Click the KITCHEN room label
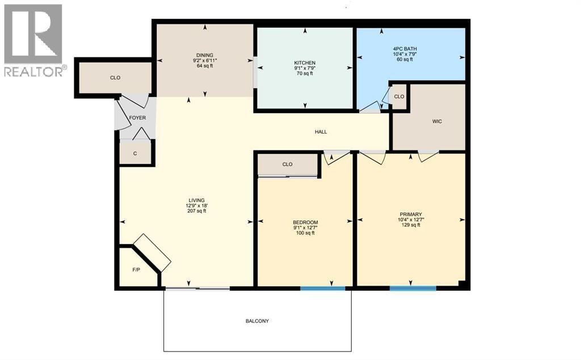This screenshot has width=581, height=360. [x=305, y=62]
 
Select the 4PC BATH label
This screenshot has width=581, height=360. [x=405, y=49]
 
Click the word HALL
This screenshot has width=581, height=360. [x=321, y=132]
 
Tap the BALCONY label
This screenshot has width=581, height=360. [x=257, y=321]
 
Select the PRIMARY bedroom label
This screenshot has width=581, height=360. [x=410, y=214]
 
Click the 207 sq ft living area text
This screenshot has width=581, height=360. [x=197, y=211]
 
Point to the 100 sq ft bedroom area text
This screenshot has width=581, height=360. [x=305, y=233]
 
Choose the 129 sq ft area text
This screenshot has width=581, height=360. [x=410, y=225]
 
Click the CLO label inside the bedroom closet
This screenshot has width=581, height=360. [x=287, y=164]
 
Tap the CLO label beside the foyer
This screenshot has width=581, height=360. [x=115, y=78]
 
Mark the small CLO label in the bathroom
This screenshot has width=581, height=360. [x=399, y=96]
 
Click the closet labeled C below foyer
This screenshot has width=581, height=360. [x=135, y=153]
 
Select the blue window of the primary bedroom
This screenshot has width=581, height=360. [x=413, y=288]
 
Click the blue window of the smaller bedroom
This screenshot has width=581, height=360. [x=322, y=288]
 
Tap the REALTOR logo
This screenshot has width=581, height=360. [x=33, y=40]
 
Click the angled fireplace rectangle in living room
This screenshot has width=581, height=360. [x=152, y=252]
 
